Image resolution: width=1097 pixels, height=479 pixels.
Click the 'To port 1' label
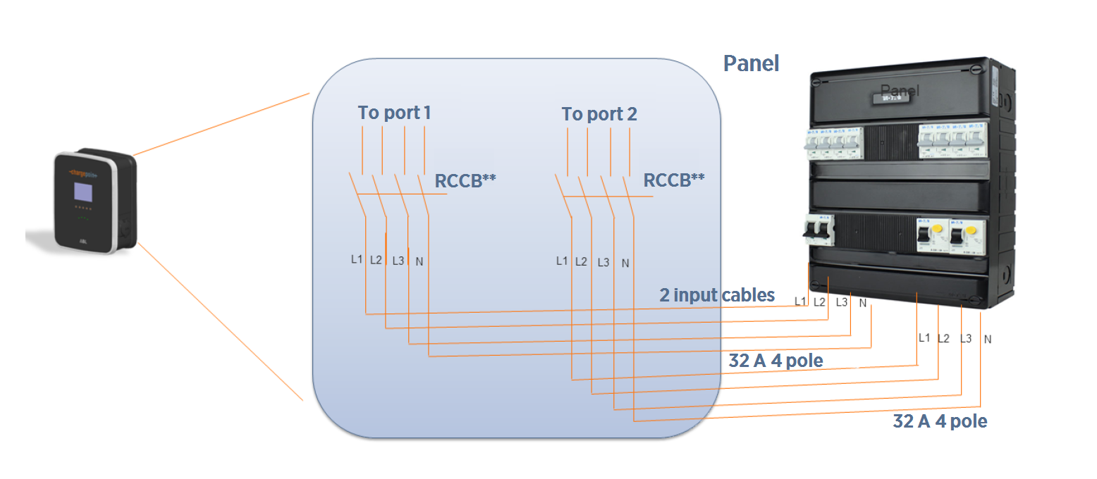pyautogui.click(x=394, y=113)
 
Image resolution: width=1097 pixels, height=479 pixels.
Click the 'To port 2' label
pyautogui.click(x=599, y=114)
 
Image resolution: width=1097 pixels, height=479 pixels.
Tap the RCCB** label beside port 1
pyautogui.click(x=465, y=180)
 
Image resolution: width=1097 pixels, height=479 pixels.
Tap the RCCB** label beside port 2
pyautogui.click(x=674, y=180)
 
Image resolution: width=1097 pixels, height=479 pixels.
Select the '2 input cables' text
pyautogui.click(x=717, y=295)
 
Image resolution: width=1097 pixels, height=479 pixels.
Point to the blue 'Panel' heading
pyautogui.click(x=751, y=63)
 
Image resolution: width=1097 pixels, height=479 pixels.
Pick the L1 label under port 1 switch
pyautogui.click(x=357, y=259)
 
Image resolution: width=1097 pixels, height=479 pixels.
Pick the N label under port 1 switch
pyautogui.click(x=419, y=261)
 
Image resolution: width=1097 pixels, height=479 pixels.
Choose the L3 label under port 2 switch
pyautogui.click(x=603, y=263)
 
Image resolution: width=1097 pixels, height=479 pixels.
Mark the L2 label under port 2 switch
pyautogui.click(x=581, y=261)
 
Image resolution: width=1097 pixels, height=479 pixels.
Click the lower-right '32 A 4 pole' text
pyautogui.click(x=939, y=421)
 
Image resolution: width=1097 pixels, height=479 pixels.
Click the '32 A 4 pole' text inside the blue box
pyautogui.click(x=776, y=361)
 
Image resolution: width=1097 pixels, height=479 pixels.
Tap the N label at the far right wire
pyautogui.click(x=988, y=340)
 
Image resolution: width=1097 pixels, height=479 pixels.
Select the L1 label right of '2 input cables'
pyautogui.click(x=800, y=301)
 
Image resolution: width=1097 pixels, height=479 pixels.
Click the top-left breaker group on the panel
pyautogui.click(x=835, y=143)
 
